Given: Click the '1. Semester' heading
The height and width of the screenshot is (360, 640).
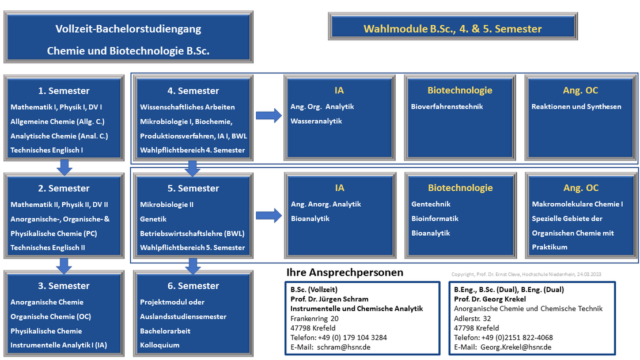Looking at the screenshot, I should click(64, 90).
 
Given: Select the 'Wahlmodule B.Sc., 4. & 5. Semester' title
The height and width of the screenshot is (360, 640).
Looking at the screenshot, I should click(452, 29).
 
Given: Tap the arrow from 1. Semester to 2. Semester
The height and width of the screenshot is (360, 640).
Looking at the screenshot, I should click(65, 167).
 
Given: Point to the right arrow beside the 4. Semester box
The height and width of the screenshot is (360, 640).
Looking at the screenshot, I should click(268, 116).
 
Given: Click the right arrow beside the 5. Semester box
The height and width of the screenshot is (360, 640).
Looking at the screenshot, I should click(268, 215).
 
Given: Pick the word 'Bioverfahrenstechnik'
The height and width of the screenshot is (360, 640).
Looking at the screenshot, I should click(446, 107).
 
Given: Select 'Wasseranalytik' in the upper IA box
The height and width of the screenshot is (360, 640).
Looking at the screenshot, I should click(316, 121).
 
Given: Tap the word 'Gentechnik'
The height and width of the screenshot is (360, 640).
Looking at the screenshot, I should click(431, 204).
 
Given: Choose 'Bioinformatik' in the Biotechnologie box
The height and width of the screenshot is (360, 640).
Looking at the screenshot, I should click(435, 218).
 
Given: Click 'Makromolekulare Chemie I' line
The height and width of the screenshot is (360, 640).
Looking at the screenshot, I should click(577, 204).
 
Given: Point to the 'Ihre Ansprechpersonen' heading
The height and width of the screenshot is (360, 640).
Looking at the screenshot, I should click(344, 272).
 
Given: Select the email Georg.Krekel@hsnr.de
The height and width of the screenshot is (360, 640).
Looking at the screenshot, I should click(516, 347).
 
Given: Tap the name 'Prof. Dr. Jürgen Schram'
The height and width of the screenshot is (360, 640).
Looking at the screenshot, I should click(330, 299).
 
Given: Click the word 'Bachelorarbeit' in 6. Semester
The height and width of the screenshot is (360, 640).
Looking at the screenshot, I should click(165, 331).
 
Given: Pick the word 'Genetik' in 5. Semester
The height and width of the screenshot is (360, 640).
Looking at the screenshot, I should click(153, 219).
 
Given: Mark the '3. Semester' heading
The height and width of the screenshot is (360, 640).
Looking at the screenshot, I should click(64, 286).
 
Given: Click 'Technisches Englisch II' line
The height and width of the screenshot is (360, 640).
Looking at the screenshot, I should click(48, 247).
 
